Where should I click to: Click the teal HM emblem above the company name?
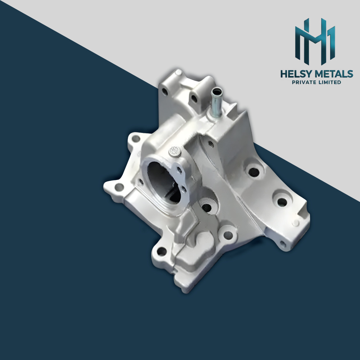(315, 40)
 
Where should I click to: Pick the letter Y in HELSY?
(309, 74)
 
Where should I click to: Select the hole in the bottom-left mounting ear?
(162, 251)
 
